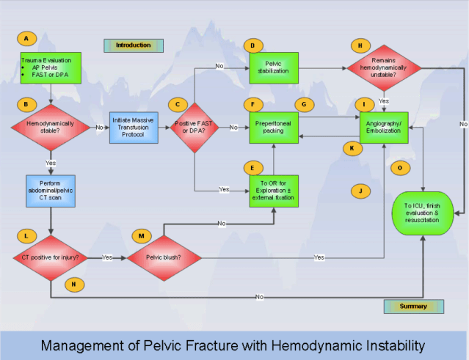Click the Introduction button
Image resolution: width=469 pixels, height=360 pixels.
pyautogui.click(x=133, y=45)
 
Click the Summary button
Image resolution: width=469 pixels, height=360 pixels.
pyautogui.click(x=413, y=306)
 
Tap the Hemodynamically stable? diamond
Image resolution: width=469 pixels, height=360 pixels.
pyautogui.click(x=50, y=128)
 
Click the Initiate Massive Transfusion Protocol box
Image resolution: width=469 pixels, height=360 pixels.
pyautogui.click(x=134, y=128)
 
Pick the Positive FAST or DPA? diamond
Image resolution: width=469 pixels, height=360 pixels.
pyautogui.click(x=194, y=128)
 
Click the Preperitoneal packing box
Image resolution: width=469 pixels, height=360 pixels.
pyautogui.click(x=273, y=128)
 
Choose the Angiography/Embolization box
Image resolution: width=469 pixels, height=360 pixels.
pyautogui.click(x=384, y=128)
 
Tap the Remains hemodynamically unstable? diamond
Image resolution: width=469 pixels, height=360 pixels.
pyautogui.click(x=384, y=68)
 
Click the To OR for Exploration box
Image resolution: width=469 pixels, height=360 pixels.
pyautogui.click(x=273, y=189)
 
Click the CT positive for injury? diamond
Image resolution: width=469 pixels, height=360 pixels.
pyautogui.click(x=50, y=257)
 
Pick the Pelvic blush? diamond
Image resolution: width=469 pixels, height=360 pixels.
pyautogui.click(x=163, y=257)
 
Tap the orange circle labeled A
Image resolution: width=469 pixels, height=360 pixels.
pyautogui.click(x=26, y=37)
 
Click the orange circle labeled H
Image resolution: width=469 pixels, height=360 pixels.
pyautogui.click(x=360, y=45)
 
